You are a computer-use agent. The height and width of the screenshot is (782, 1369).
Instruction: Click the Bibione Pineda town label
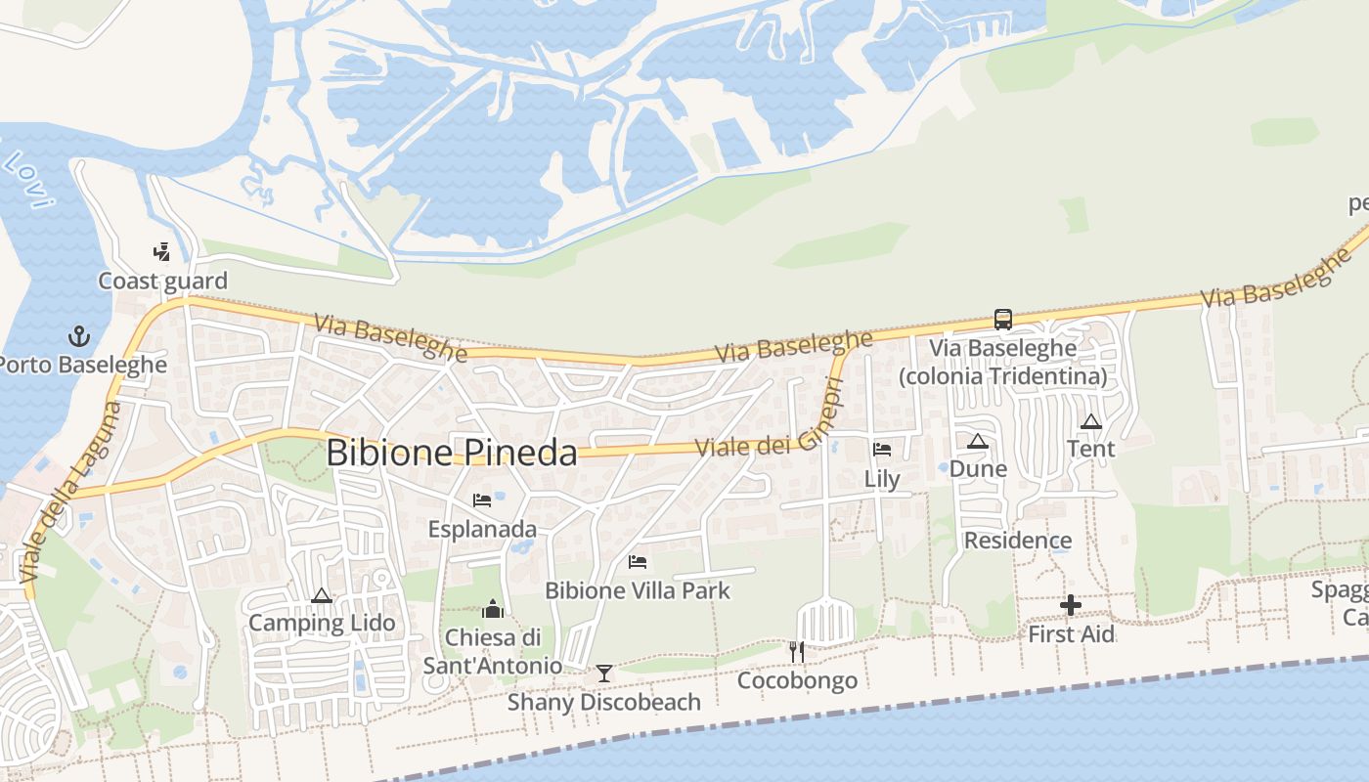[x=452, y=453]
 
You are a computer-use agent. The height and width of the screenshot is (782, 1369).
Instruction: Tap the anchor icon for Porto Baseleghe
[x=78, y=337]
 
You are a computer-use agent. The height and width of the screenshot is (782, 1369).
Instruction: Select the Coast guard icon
[x=162, y=252]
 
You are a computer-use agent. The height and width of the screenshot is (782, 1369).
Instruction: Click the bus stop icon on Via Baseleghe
[x=1002, y=320]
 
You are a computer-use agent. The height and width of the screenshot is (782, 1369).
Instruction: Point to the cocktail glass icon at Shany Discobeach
[x=604, y=673]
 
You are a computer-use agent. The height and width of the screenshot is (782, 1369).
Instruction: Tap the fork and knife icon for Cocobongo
[x=797, y=652]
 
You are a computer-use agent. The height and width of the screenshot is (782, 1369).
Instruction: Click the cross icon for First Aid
[x=1071, y=606]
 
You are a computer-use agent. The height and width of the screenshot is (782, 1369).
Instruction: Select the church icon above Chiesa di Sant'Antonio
[x=494, y=609]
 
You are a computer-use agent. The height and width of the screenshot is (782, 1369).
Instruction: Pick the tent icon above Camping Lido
[x=321, y=595]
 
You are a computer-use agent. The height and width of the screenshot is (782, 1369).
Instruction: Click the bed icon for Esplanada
[x=482, y=500]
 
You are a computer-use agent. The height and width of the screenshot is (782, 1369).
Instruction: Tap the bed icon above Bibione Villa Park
[x=638, y=562]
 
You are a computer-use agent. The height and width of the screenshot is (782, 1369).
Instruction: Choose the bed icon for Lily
[x=882, y=450]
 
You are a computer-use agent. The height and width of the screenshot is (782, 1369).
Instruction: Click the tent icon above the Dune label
[x=978, y=441]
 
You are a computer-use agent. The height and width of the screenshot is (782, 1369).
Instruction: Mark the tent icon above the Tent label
[x=1091, y=421]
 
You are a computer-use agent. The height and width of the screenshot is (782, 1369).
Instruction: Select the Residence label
[x=1018, y=541]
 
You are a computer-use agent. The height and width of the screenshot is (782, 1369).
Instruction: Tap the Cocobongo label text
[x=797, y=680]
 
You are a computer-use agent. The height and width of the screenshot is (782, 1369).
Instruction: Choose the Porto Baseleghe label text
[x=82, y=365]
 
